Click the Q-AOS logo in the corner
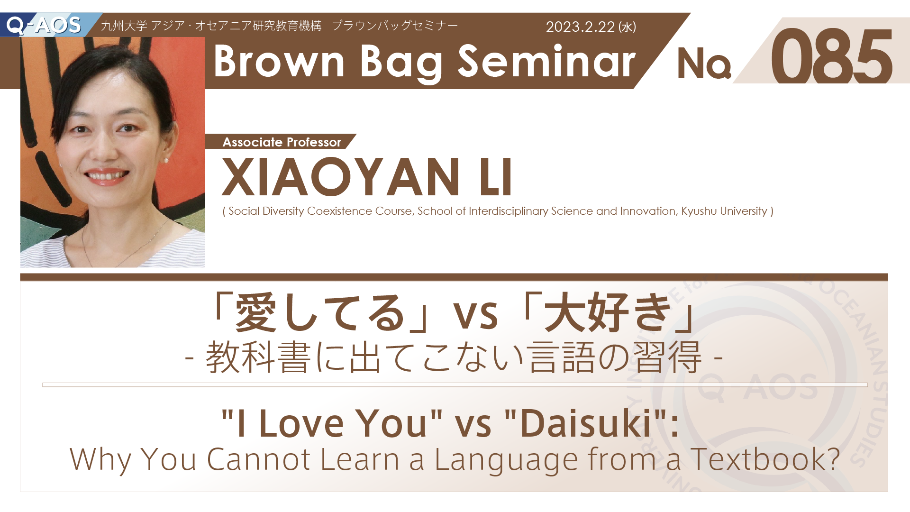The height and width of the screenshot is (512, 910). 44,25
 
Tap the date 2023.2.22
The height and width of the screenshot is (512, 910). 580,27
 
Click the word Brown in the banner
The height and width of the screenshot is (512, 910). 279,62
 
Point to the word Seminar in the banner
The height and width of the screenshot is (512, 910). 546,62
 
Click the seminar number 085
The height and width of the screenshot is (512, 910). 832,56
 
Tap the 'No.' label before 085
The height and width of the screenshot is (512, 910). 704,64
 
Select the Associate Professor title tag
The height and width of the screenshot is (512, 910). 282,142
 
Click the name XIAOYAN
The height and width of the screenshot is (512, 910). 341,177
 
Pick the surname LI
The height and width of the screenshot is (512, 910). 496,177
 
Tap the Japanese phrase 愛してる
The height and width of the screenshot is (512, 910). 320,313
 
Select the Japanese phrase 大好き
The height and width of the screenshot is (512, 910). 609,313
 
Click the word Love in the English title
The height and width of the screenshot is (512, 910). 301,423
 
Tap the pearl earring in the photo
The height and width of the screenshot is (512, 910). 166,161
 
